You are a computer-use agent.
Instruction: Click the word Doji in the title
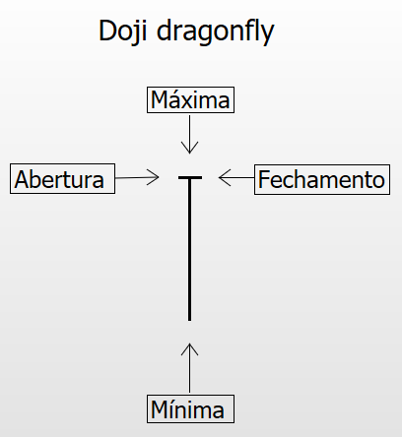click(123, 31)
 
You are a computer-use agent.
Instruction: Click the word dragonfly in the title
click(215, 31)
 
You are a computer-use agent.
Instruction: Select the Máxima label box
click(190, 99)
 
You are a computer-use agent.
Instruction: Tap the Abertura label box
click(62, 179)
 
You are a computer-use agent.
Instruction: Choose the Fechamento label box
click(322, 179)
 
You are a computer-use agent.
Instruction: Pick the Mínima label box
click(190, 409)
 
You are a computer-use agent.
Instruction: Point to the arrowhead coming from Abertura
click(154, 177)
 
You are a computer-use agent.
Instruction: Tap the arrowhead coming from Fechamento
click(225, 177)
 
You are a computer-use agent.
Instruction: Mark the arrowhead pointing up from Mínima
click(189, 348)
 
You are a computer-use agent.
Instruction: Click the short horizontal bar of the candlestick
click(190, 177)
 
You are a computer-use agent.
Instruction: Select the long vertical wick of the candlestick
click(189, 249)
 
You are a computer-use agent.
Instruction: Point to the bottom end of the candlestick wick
click(189, 321)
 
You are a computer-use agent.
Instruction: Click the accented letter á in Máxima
click(177, 100)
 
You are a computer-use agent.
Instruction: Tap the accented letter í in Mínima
click(172, 409)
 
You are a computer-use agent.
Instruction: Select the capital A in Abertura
click(23, 179)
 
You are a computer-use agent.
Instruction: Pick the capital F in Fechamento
click(264, 179)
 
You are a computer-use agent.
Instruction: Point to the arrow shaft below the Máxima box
click(189, 134)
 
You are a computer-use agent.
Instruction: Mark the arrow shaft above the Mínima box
click(189, 368)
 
